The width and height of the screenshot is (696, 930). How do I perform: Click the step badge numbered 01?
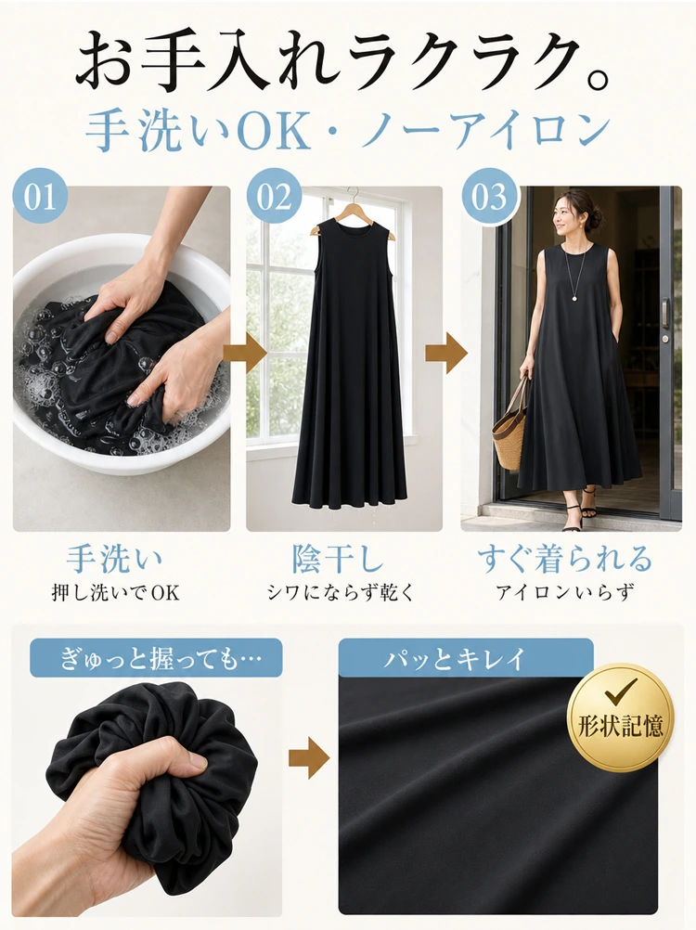tap(40, 196)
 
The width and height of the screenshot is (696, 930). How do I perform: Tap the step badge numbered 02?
tap(274, 196)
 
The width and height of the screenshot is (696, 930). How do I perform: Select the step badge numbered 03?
tap(488, 196)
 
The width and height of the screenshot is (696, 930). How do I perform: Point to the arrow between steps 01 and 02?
tap(245, 354)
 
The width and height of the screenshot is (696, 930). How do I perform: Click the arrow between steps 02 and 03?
tap(446, 354)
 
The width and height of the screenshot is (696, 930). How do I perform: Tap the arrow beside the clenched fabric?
tap(309, 757)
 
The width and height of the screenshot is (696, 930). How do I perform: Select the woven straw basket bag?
tap(510, 427)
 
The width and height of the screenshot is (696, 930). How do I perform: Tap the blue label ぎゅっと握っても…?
tap(156, 658)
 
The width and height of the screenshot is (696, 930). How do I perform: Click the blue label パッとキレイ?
tap(465, 658)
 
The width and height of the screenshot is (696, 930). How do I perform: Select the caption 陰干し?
tap(338, 558)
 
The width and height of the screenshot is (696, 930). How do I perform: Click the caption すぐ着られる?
tap(565, 558)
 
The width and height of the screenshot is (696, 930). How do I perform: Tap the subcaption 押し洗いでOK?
tap(115, 592)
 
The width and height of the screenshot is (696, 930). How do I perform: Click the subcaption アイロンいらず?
tap(565, 592)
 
